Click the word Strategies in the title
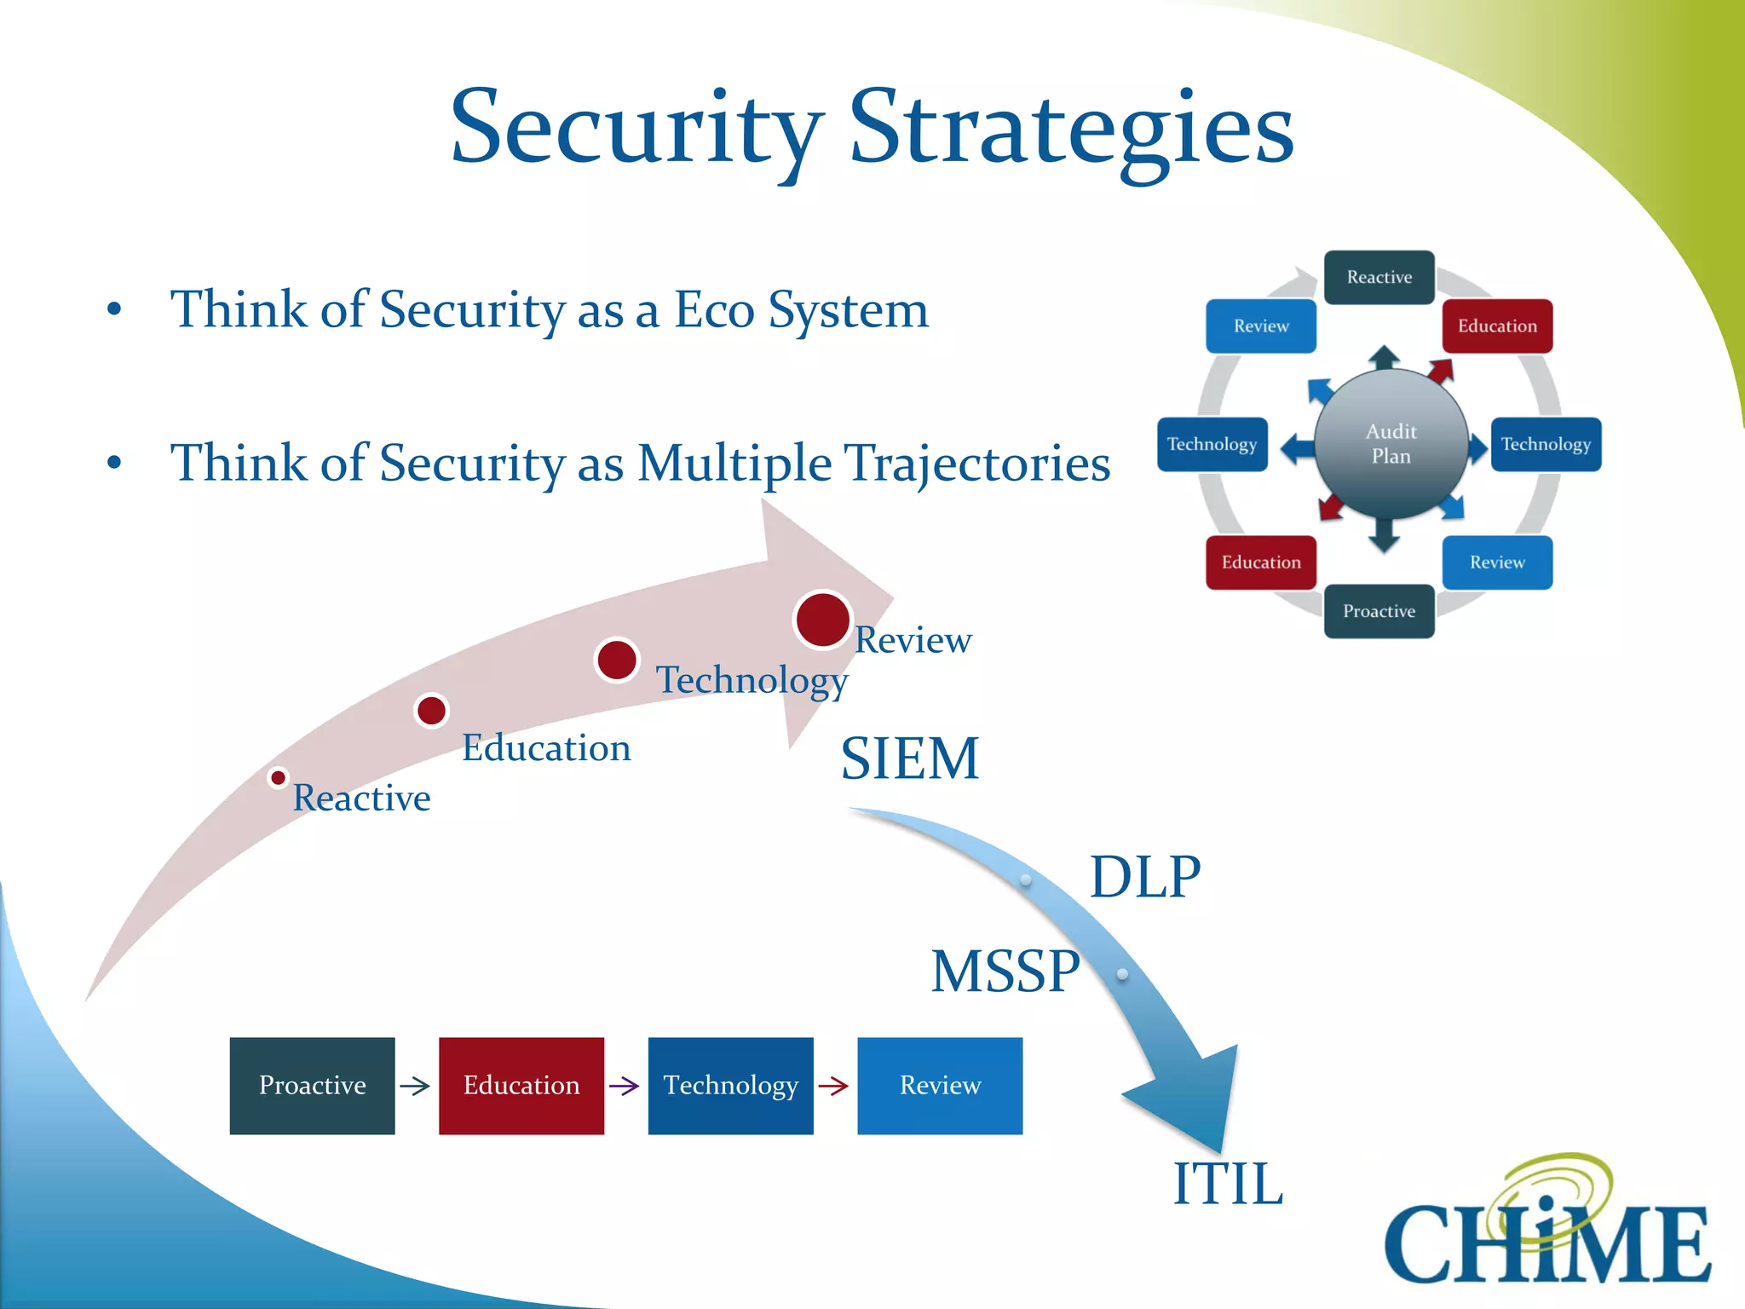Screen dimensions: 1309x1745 tap(1072, 130)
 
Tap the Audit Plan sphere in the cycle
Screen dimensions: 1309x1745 tap(1391, 444)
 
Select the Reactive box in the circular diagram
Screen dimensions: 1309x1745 tap(1379, 277)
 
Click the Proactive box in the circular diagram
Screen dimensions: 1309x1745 tap(1379, 611)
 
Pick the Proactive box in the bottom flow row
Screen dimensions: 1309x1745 tap(312, 1086)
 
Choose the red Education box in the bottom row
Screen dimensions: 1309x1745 tap(521, 1086)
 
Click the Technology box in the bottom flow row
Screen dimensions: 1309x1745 tap(730, 1086)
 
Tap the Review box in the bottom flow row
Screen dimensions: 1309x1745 tap(940, 1086)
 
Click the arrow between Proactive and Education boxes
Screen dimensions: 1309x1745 tap(415, 1086)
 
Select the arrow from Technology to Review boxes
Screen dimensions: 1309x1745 tap(833, 1086)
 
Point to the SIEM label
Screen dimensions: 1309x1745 tap(910, 758)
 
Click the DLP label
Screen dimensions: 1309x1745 tap(1145, 877)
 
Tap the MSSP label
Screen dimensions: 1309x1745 tap(1005, 972)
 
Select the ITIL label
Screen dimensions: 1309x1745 tap(1228, 1184)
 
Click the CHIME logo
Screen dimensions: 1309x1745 tap(1546, 1227)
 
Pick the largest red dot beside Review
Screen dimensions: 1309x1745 tap(822, 620)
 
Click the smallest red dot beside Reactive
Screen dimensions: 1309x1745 tap(278, 777)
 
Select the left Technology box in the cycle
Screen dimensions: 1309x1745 tap(1212, 444)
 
